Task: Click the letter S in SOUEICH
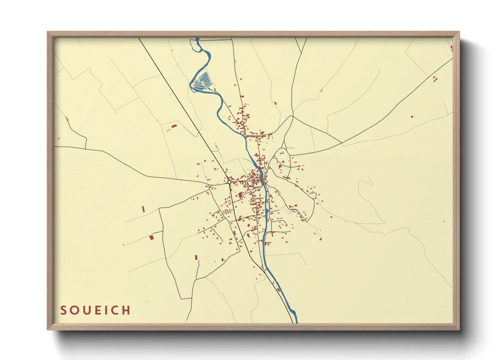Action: (x=63, y=310)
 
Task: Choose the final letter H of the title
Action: (x=127, y=310)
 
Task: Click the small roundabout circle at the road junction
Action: (x=230, y=182)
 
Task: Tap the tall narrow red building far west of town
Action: (x=143, y=209)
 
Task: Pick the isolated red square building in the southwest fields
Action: (x=152, y=237)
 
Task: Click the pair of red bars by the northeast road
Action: (x=435, y=79)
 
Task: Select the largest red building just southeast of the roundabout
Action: (x=240, y=195)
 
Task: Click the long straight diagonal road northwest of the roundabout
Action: (x=184, y=109)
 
